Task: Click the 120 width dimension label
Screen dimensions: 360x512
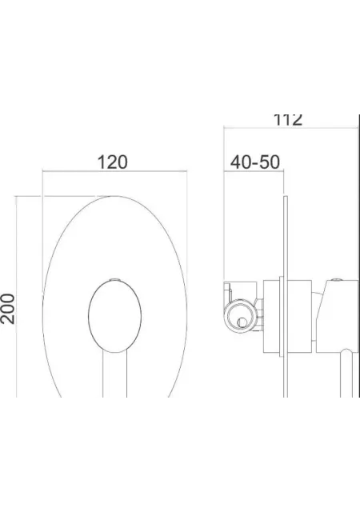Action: click(112, 162)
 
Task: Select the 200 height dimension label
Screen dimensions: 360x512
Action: click(7, 309)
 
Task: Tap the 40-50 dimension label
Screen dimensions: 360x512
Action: click(255, 162)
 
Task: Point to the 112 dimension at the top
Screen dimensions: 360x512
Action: click(287, 120)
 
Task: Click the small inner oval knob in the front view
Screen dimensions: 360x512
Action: click(114, 317)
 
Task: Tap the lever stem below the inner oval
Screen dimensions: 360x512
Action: click(114, 375)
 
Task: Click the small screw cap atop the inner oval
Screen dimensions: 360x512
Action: click(114, 279)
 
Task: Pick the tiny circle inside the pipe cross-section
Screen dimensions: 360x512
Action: click(242, 322)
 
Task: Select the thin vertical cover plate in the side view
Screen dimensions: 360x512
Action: click(285, 297)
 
